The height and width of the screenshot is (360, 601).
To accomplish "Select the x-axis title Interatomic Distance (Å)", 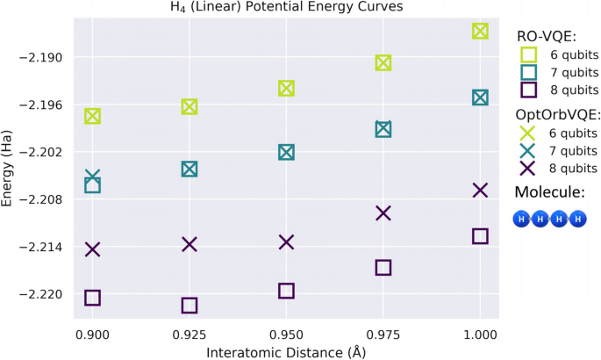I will [x=286, y=352].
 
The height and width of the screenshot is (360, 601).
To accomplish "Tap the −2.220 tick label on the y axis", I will [x=44, y=294].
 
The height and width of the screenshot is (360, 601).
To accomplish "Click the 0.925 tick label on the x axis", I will [x=190, y=335].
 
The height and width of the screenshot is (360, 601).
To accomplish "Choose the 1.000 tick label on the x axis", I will [x=480, y=335].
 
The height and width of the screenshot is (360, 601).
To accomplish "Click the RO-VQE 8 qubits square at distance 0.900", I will [x=92, y=298].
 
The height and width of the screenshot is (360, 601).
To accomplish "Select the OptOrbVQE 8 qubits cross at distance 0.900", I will [x=92, y=249].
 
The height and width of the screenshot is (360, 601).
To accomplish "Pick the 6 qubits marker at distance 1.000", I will [x=480, y=32].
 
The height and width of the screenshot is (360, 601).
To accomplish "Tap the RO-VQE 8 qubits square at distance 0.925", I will [x=190, y=306].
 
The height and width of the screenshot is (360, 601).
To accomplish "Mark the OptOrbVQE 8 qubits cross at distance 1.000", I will [x=480, y=191].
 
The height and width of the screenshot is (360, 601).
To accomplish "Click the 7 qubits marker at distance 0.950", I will [x=286, y=152].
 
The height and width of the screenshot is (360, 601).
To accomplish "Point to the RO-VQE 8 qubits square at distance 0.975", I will [x=383, y=268].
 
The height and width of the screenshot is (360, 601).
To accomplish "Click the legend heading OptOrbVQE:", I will [x=558, y=115].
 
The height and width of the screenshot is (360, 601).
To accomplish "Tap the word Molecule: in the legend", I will [x=549, y=192].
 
